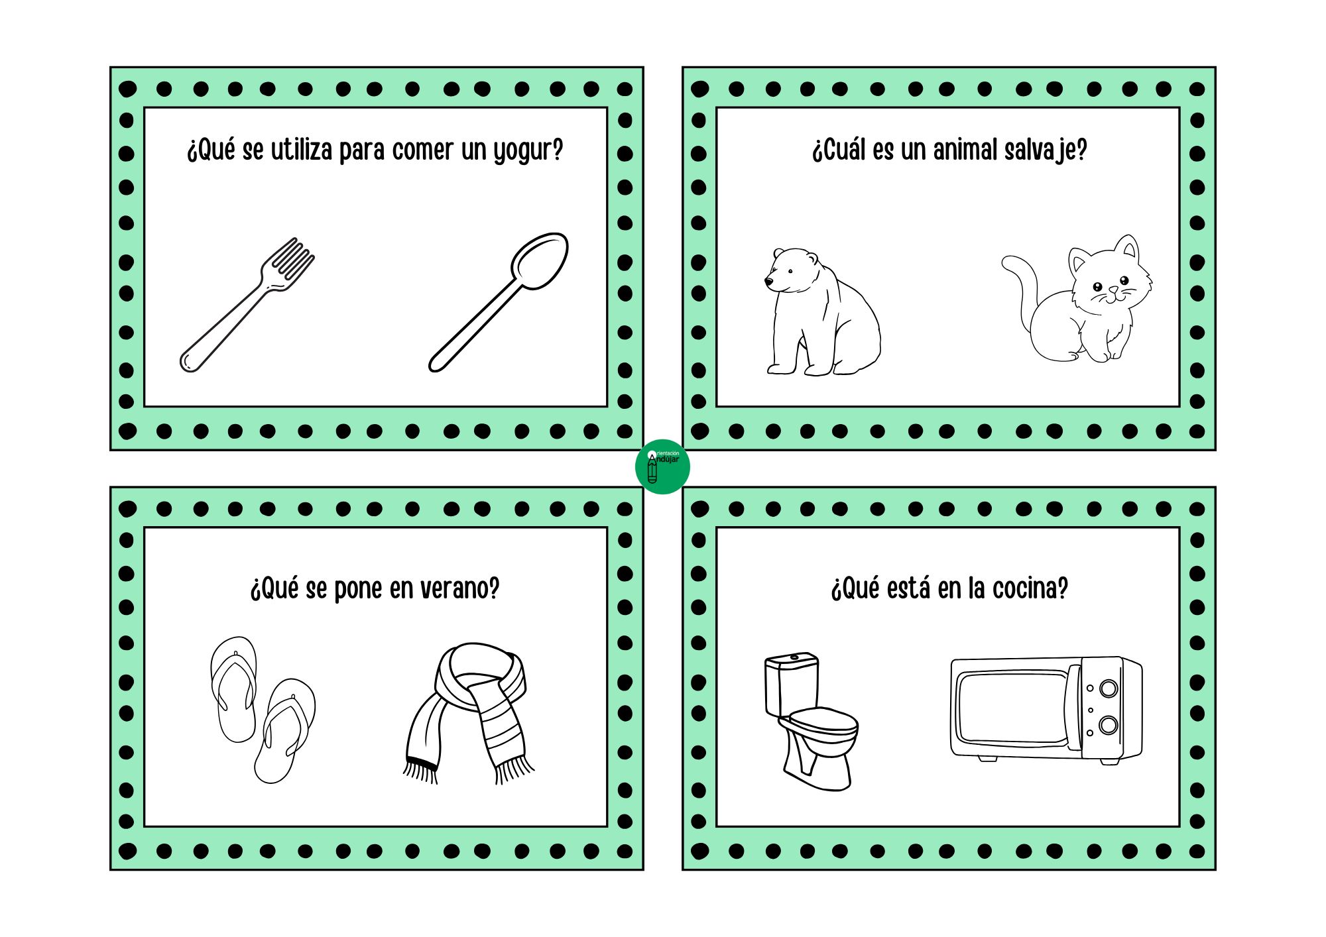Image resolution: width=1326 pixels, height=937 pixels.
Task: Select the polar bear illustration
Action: point(822,311)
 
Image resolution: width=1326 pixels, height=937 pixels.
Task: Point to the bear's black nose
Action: point(768,282)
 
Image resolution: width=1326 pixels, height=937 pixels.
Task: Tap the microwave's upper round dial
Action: point(1109,689)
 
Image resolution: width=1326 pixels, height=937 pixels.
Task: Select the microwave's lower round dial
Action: point(1109,725)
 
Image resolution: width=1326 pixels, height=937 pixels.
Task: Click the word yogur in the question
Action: point(528,151)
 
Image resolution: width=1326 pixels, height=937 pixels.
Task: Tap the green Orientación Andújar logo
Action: point(662,467)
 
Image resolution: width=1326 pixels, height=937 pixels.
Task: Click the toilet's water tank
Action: point(792,684)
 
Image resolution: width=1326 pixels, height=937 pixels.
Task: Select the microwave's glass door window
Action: point(1012,708)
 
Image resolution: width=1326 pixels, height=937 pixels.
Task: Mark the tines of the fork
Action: point(292,259)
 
